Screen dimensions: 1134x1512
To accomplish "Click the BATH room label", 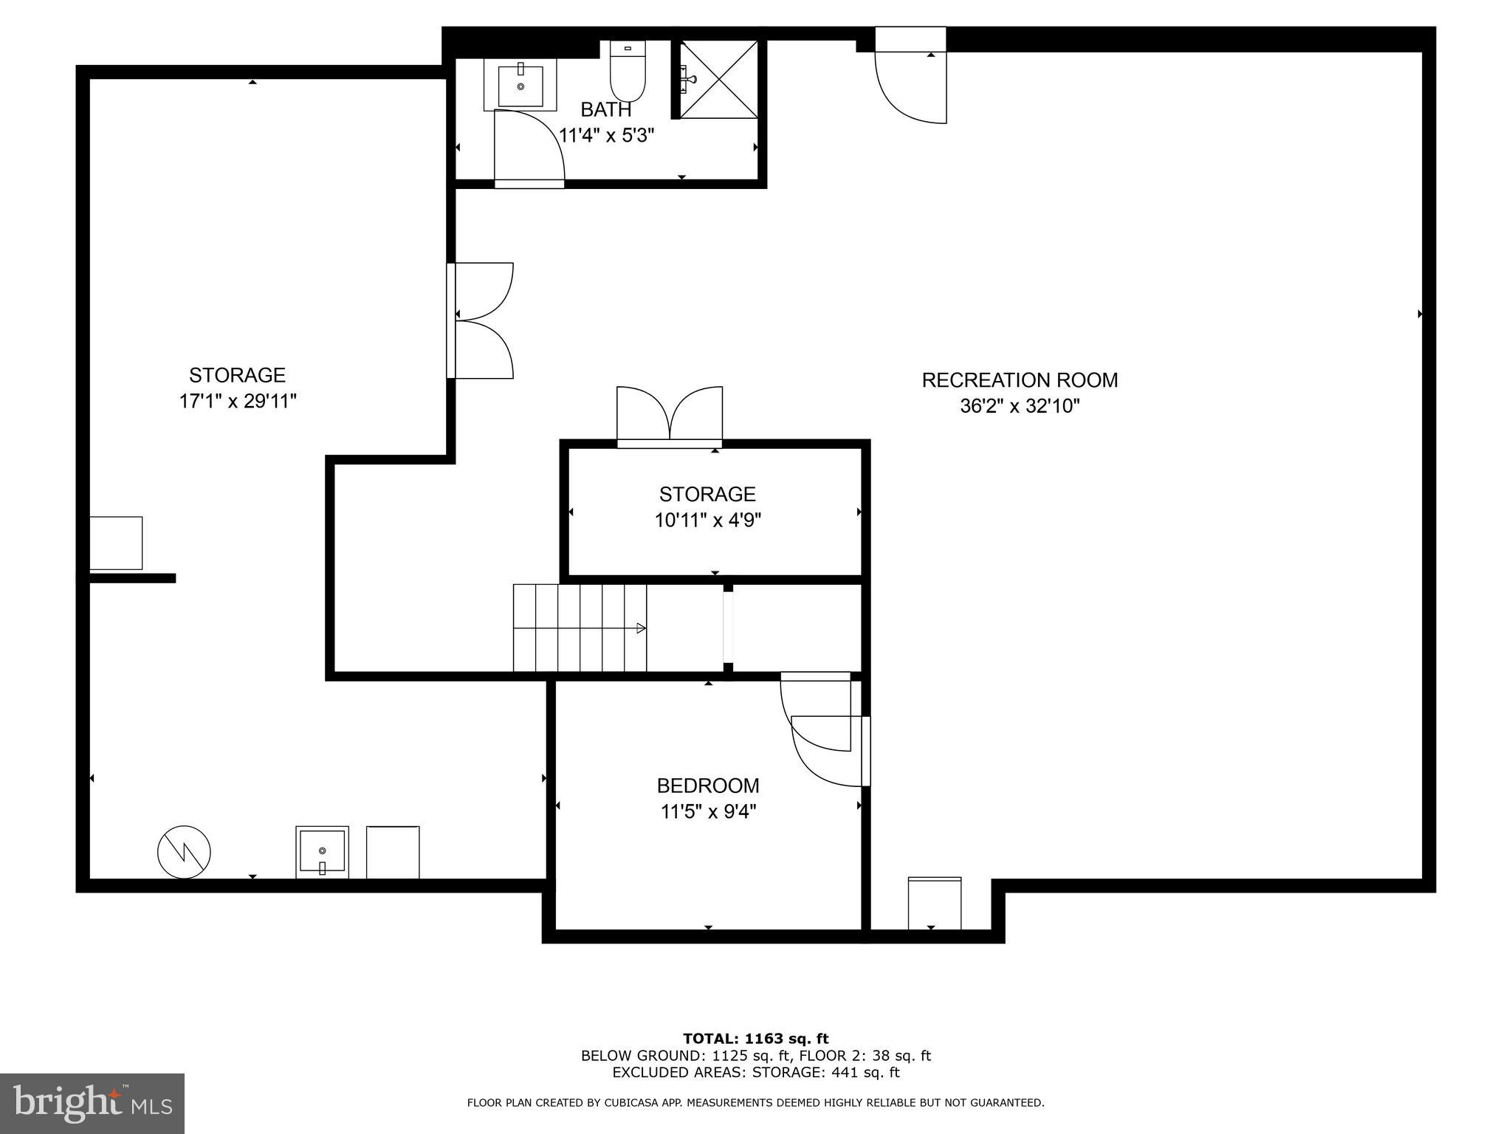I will [x=605, y=109].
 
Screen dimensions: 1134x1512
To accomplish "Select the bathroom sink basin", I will [x=520, y=86].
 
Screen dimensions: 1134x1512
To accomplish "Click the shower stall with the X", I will [x=718, y=79].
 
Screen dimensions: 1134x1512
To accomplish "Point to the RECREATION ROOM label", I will [x=1020, y=380].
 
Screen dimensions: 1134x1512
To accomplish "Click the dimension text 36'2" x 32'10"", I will [x=1020, y=406].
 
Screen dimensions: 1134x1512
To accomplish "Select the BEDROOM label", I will [x=707, y=785].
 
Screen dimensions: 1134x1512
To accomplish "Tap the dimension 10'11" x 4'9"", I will [x=707, y=520].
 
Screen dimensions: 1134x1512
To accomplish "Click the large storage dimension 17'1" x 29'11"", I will [x=237, y=402].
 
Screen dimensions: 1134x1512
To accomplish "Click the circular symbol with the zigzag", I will [x=184, y=852].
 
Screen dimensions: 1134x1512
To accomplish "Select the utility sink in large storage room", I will [x=322, y=851].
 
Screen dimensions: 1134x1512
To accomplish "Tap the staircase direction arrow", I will [x=641, y=628].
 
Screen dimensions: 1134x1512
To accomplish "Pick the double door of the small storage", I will [x=669, y=415].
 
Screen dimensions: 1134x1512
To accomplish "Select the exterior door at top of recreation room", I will [x=910, y=78].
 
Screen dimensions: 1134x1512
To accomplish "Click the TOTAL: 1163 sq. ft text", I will [x=755, y=1039].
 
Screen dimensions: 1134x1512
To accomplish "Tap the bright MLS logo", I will [x=92, y=1103].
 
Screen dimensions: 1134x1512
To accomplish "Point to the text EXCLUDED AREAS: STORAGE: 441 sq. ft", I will [x=755, y=1073].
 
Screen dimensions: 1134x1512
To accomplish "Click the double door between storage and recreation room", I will [x=481, y=321].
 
